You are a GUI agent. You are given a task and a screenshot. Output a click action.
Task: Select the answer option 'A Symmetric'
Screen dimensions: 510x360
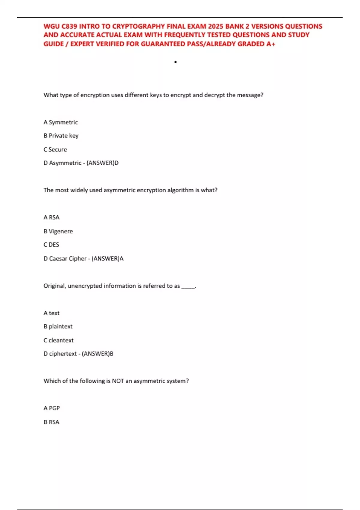click(x=61, y=122)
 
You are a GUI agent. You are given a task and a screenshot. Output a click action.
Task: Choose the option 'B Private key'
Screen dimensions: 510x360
click(x=61, y=136)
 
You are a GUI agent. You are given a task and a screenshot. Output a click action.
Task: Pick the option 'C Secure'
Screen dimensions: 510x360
click(x=55, y=149)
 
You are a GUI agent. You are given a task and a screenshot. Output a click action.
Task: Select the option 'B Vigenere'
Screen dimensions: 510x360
click(x=58, y=231)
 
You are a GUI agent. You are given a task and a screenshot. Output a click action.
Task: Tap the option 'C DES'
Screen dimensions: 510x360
click(x=51, y=245)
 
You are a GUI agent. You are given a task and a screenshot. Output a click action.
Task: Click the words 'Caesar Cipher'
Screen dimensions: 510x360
click(x=67, y=259)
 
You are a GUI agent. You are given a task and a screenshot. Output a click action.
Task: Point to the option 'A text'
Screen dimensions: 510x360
click(x=52, y=313)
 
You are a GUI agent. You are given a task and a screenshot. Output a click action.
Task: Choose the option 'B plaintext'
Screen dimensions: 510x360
click(x=58, y=326)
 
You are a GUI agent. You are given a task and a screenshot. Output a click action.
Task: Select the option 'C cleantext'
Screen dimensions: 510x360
click(x=58, y=340)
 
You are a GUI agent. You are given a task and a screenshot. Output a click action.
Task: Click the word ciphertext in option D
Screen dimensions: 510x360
click(x=63, y=354)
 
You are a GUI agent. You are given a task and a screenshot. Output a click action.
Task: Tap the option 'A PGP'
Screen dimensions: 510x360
click(x=52, y=408)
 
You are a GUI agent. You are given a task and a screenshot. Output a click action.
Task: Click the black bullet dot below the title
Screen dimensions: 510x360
click(x=175, y=62)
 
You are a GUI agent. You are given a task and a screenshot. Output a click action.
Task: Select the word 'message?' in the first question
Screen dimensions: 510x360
click(x=250, y=95)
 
